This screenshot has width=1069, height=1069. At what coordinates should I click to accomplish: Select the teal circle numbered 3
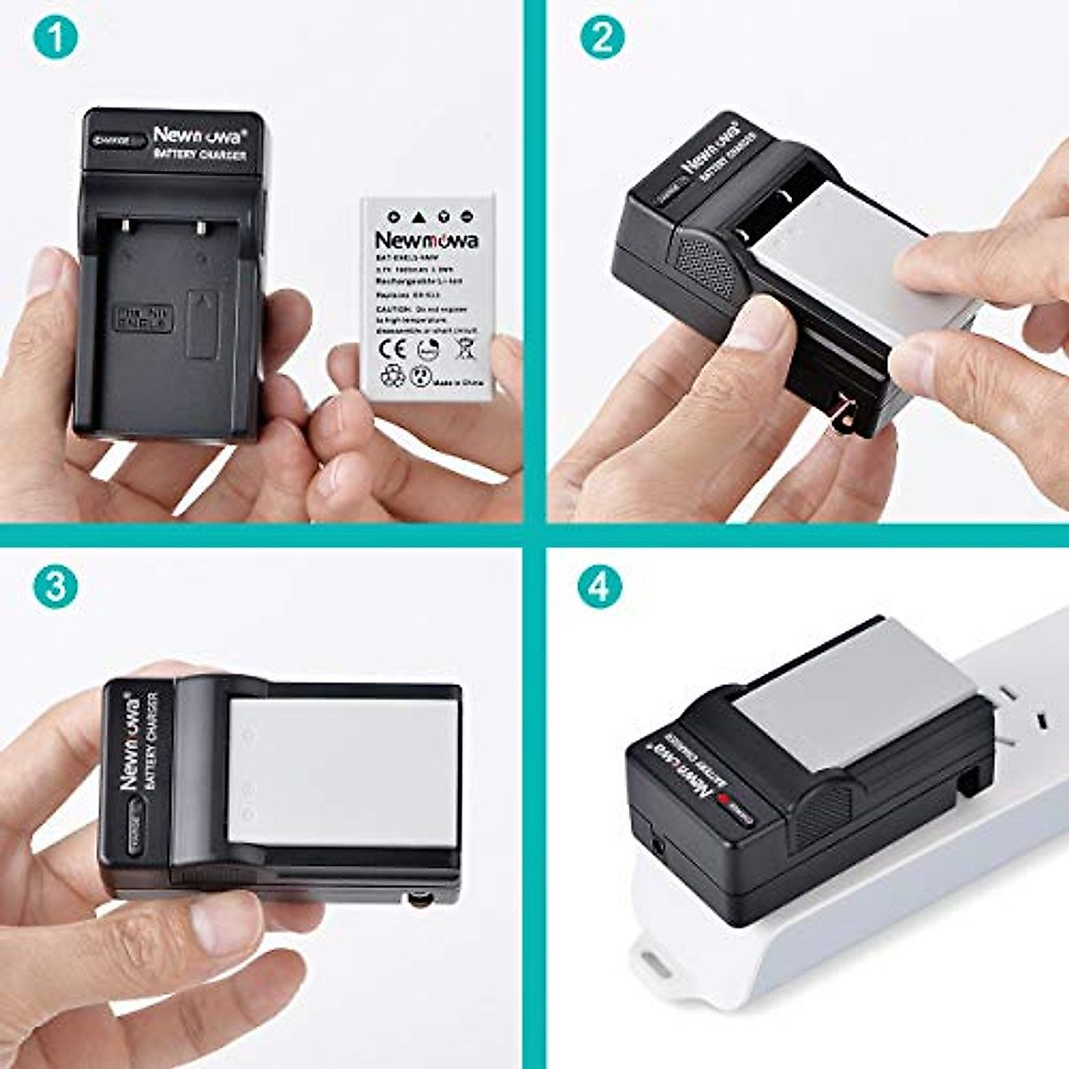55,585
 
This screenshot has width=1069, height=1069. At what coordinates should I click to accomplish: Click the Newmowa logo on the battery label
426,241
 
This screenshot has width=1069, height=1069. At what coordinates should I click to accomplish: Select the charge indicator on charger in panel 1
116,141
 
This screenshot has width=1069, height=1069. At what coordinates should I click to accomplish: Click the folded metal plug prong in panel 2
838,418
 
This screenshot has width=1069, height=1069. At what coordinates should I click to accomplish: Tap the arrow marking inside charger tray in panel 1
204,305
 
